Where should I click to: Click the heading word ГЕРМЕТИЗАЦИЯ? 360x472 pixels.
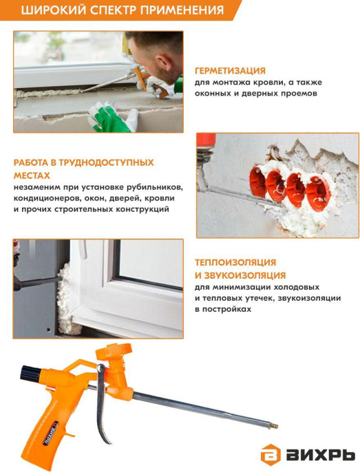tap(230, 71)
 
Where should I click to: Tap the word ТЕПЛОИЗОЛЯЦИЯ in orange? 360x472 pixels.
tap(235, 262)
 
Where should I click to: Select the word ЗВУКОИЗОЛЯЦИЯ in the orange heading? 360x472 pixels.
tap(244, 275)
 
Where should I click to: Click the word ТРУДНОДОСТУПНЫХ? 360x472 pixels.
tap(106, 163)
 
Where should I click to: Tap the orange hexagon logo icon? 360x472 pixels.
tap(271, 456)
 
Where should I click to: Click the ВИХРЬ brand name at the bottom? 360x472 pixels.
tap(320, 456)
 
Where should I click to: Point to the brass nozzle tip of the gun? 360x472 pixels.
tap(273, 426)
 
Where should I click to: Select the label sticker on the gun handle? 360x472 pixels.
tap(51, 431)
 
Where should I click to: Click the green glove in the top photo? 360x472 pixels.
tap(106, 118)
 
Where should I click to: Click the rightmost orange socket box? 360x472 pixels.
tap(318, 193)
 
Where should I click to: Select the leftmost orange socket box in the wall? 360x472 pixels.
tap(258, 182)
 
